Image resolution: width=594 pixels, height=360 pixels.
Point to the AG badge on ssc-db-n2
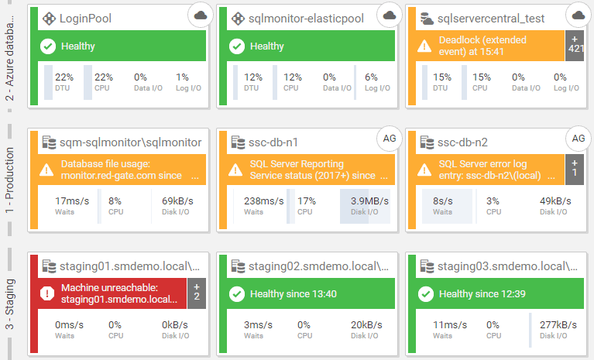(578, 138)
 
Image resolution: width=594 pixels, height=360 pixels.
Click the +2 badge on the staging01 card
(197, 292)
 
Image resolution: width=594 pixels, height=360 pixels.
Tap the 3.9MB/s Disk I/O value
(369, 201)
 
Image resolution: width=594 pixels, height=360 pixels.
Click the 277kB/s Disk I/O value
(558, 325)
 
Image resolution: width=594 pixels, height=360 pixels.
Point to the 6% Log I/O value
(371, 77)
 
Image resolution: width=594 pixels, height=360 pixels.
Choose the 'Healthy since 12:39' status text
(482, 293)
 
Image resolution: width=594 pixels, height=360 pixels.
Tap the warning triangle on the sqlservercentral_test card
(424, 46)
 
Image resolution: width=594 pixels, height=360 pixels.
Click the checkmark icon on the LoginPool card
(46, 46)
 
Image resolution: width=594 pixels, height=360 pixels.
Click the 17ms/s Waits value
(73, 201)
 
